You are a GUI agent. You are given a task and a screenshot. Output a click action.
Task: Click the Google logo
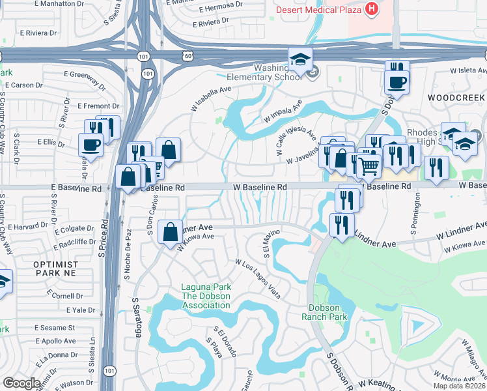coord(21,383)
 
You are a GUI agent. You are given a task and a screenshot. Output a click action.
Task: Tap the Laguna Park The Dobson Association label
coord(205,296)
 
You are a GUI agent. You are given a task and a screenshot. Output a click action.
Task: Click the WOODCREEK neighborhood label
coord(456,97)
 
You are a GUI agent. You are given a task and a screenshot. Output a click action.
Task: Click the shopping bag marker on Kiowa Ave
coord(171,232)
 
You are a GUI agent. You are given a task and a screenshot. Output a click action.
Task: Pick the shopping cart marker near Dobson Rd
coord(369,166)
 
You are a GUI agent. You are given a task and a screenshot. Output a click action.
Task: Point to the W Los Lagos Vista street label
coord(258,278)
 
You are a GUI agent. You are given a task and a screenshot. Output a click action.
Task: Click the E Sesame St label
coord(55,327)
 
